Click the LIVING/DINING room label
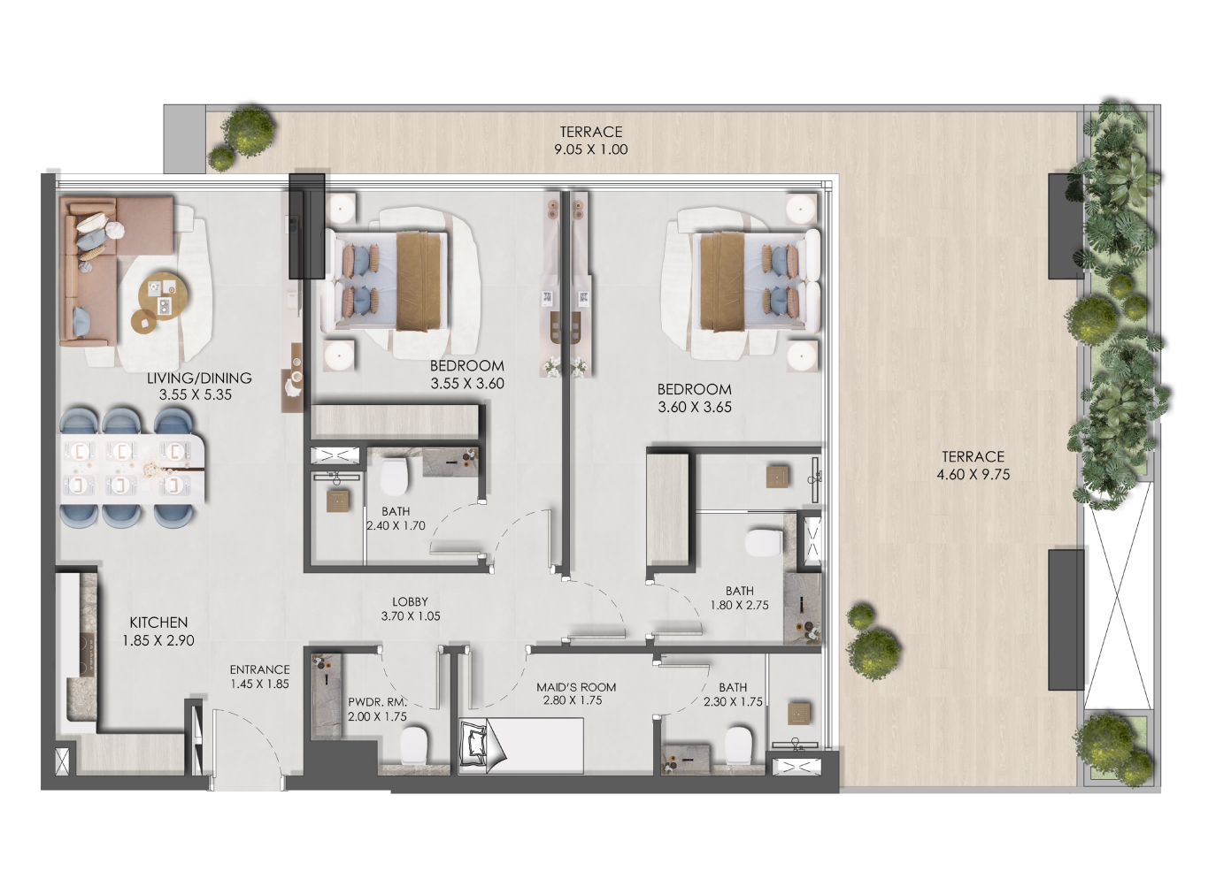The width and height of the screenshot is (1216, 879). tap(199, 378)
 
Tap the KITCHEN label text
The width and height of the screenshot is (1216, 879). tap(158, 623)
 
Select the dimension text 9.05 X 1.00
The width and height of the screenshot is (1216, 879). tap(590, 149)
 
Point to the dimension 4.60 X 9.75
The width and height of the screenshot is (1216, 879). tap(974, 474)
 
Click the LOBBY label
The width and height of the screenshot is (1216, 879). tap(411, 601)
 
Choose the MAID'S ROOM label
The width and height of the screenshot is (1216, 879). tap(576, 687)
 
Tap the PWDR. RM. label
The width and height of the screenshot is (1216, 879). tap(377, 703)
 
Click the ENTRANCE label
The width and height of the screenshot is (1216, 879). tap(259, 669)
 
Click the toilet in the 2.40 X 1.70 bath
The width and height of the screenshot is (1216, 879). tap(394, 477)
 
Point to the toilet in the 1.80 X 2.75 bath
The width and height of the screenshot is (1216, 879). tap(765, 543)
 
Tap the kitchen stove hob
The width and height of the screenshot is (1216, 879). tap(87, 655)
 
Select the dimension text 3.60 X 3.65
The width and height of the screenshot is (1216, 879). tap(695, 407)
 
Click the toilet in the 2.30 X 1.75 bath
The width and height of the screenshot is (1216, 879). tap(739, 745)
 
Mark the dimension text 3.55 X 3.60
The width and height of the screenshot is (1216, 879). tap(467, 384)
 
